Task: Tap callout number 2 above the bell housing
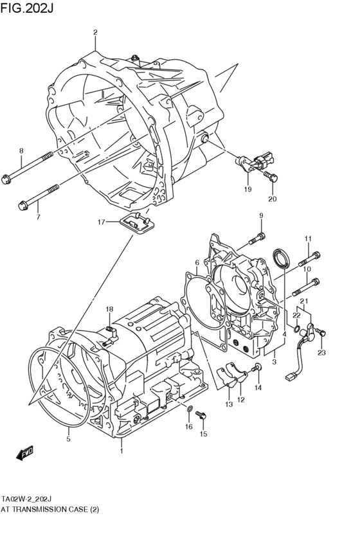pos(95,32)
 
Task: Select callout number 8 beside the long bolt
pos(21,151)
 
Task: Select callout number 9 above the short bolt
pos(262,215)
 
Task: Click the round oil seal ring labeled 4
pos(281,260)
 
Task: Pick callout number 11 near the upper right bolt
pos(308,239)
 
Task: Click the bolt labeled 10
pos(307,285)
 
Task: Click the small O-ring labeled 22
pos(295,331)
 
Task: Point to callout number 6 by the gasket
pos(197,263)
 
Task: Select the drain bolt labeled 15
pos(203,418)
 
